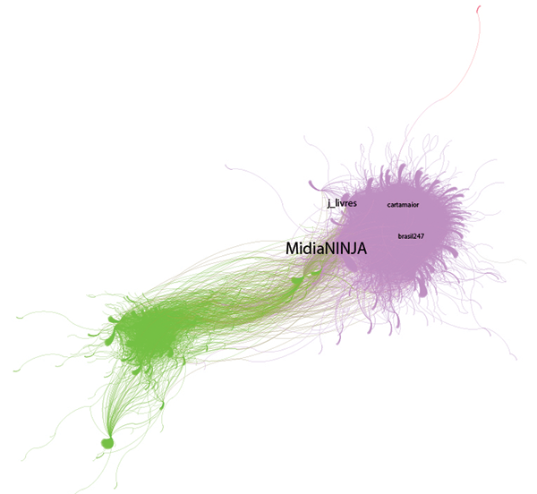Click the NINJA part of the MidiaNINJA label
coord(344,249)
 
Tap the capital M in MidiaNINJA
coord(293,249)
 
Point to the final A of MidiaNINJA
coord(362,249)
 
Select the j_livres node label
coord(342,204)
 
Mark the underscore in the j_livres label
coord(334,208)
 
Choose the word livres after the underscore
coord(346,204)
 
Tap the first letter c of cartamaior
coord(389,205)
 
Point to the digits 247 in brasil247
coord(417,236)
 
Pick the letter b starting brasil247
coord(399,236)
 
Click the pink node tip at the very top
coord(481,8)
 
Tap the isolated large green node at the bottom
coord(107,441)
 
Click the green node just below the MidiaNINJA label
coord(298,282)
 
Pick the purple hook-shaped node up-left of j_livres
coord(314,185)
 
